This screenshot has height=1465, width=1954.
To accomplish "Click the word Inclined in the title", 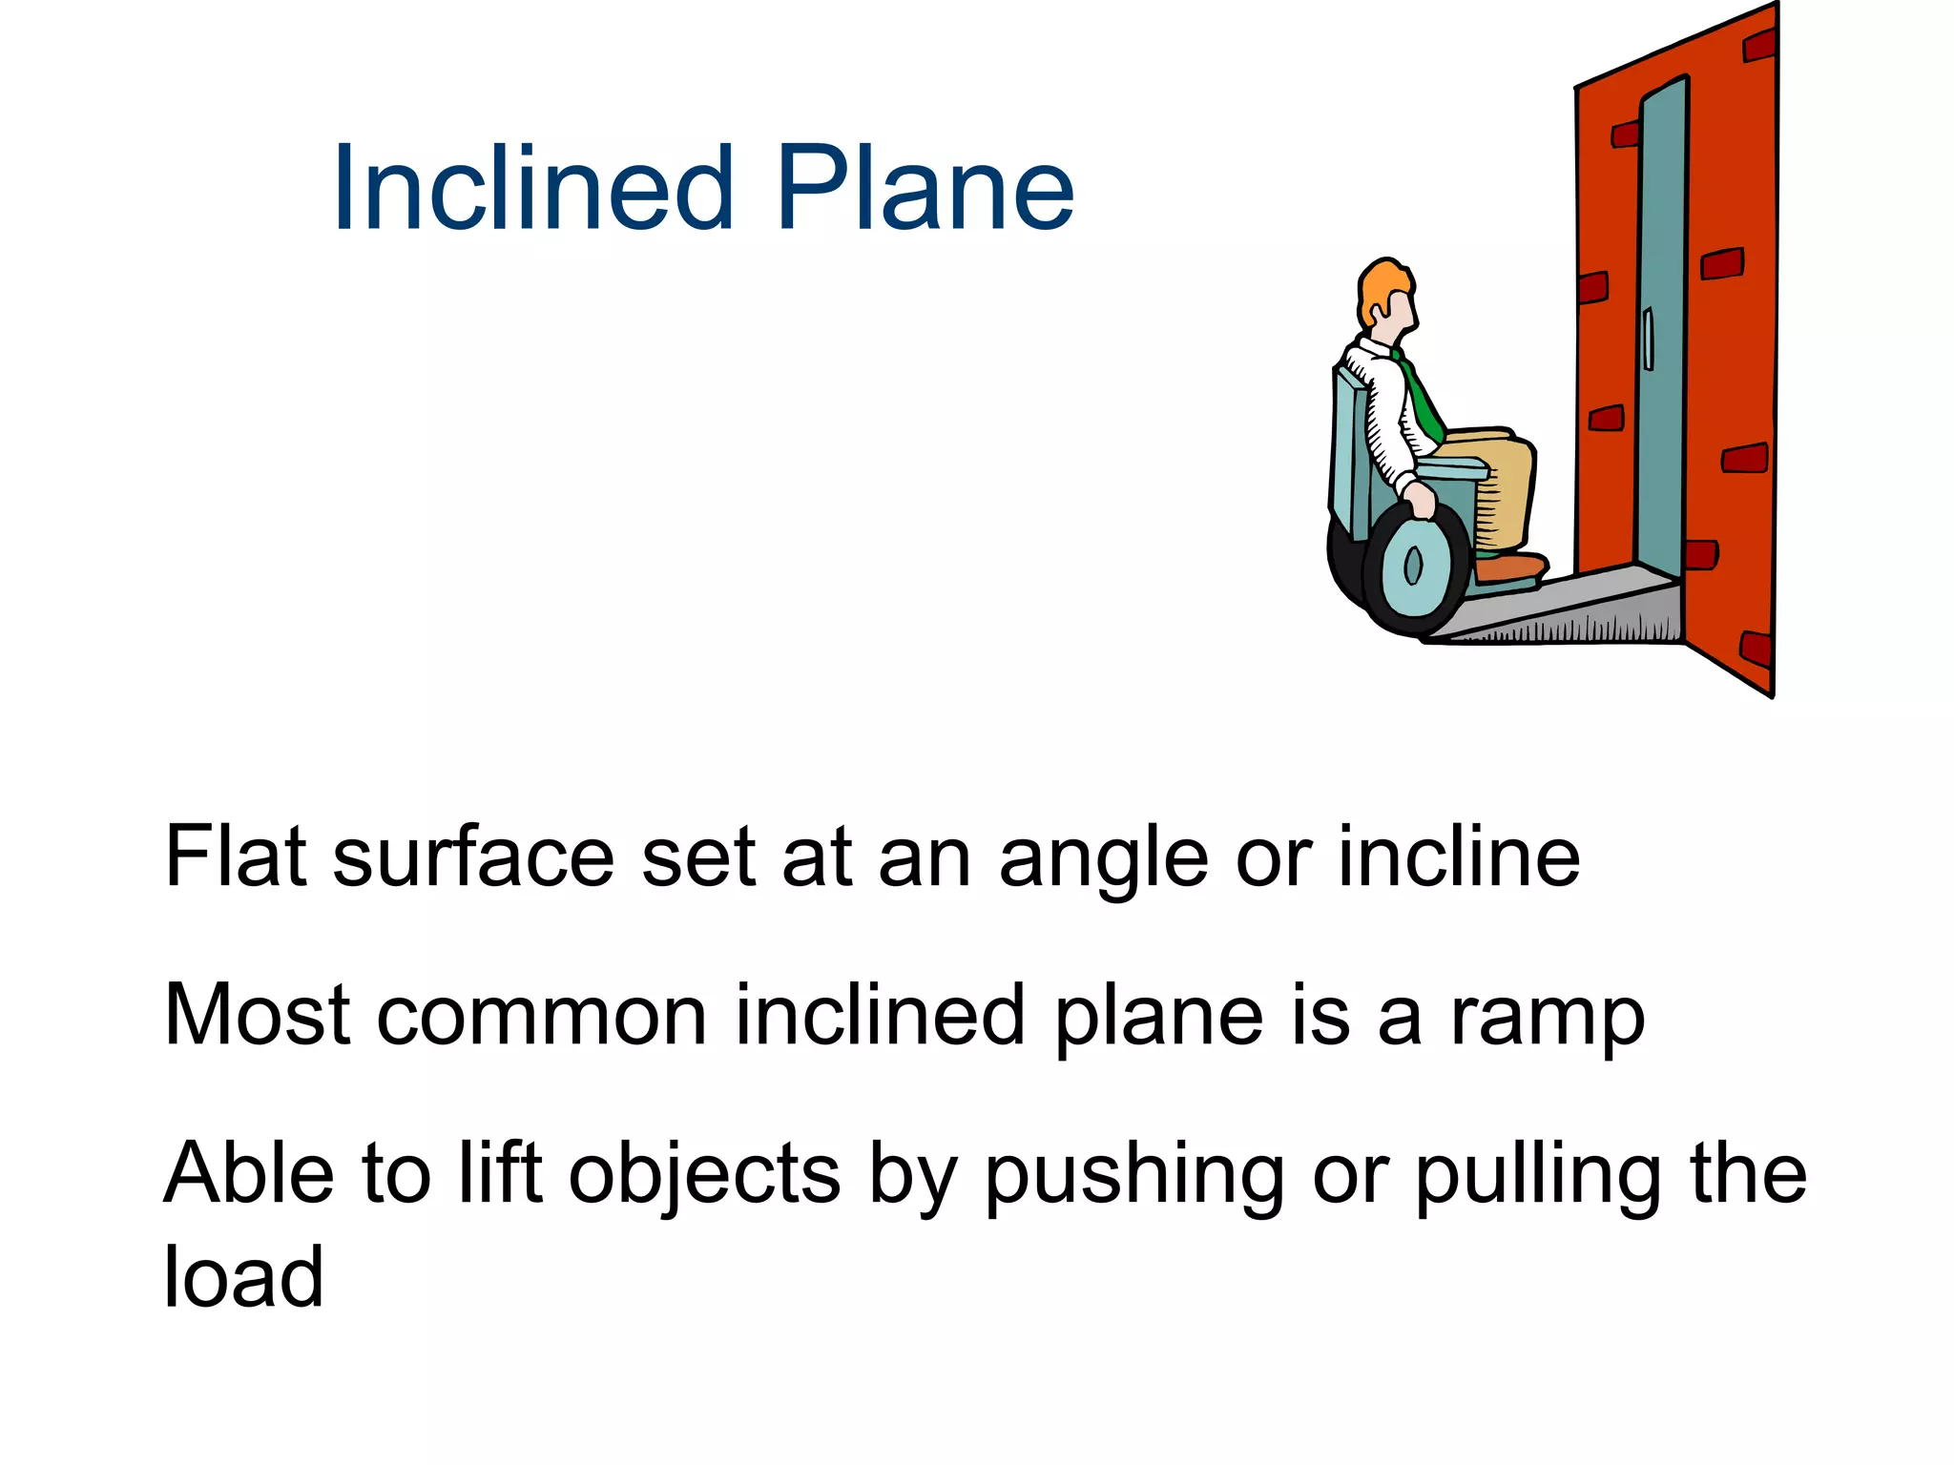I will click(x=533, y=188).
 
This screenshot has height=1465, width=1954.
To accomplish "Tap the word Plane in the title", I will click(x=925, y=188).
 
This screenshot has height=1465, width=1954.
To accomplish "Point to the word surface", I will click(x=473, y=856).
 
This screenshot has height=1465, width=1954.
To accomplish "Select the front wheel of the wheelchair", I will click(x=1415, y=568).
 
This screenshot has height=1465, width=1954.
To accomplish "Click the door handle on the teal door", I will click(x=1648, y=339).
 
